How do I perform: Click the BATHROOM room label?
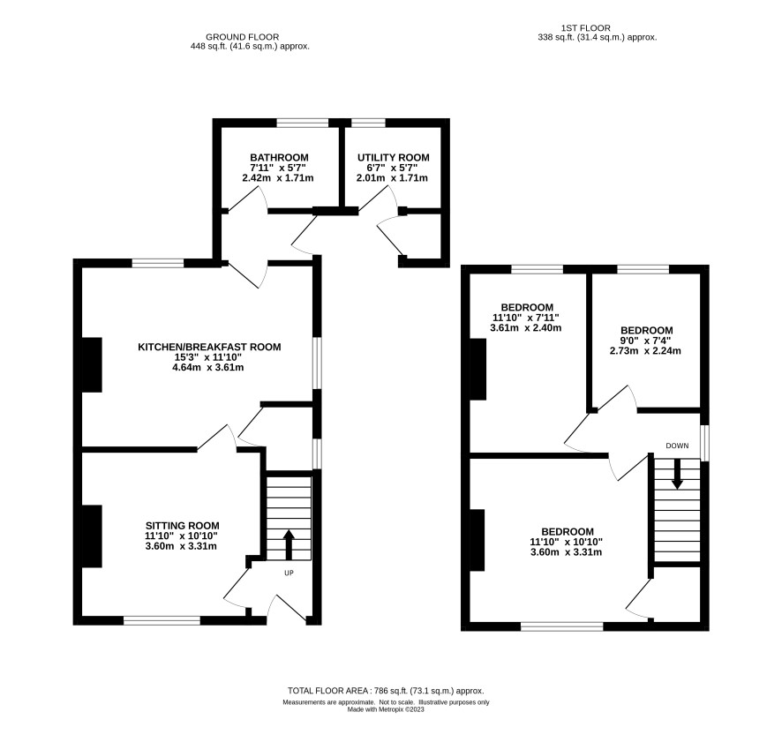[279, 158]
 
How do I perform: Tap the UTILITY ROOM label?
[393, 158]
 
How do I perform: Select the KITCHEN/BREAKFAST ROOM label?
[209, 347]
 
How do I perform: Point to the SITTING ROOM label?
[183, 525]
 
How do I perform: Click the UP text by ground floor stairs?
[289, 573]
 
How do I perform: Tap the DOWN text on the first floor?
[677, 446]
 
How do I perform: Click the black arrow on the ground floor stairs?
[289, 544]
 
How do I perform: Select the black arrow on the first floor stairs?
[677, 474]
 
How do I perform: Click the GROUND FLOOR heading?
[243, 37]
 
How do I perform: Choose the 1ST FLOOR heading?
[585, 28]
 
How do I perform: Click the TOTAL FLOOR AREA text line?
[386, 691]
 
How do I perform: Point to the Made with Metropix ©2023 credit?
[386, 709]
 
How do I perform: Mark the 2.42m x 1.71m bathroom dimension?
[278, 178]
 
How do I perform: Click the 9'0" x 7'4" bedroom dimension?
[646, 341]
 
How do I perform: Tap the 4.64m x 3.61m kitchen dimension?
[208, 368]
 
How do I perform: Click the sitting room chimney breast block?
[93, 536]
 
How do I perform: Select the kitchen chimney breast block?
[93, 365]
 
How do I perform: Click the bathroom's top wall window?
[303, 123]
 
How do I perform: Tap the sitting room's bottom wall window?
[162, 620]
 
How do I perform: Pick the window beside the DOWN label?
[704, 443]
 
